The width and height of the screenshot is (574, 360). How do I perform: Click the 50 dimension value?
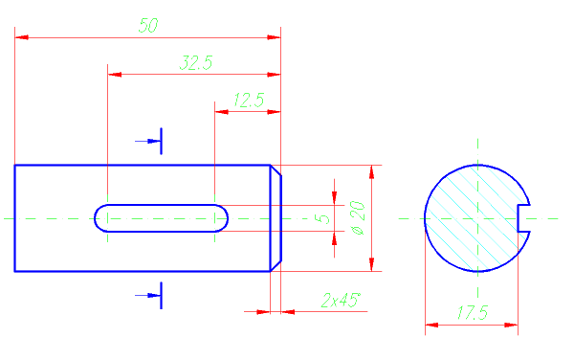click(x=148, y=26)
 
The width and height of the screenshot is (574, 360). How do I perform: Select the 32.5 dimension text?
click(x=196, y=62)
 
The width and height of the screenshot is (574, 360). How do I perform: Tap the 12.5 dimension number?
click(x=249, y=100)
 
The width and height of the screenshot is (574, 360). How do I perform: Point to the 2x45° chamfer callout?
click(x=341, y=301)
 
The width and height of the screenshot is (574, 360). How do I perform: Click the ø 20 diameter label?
click(x=358, y=217)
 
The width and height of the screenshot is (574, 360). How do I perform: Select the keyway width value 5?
click(x=322, y=218)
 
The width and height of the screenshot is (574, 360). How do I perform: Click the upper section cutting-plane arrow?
click(x=148, y=141)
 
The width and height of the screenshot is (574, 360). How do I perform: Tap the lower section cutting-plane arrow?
click(x=148, y=295)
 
